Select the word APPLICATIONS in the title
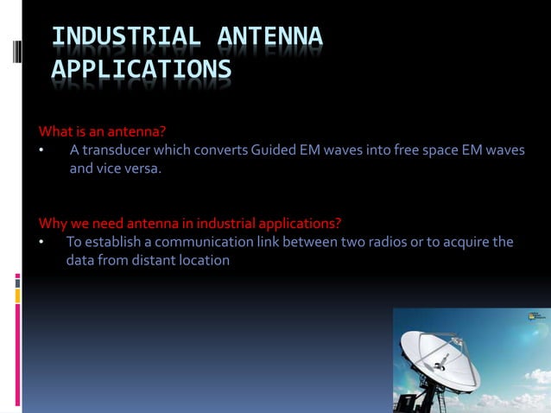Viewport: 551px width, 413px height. coord(141,70)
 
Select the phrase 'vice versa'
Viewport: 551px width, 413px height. coord(128,169)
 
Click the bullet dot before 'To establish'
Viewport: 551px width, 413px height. coord(41,242)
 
